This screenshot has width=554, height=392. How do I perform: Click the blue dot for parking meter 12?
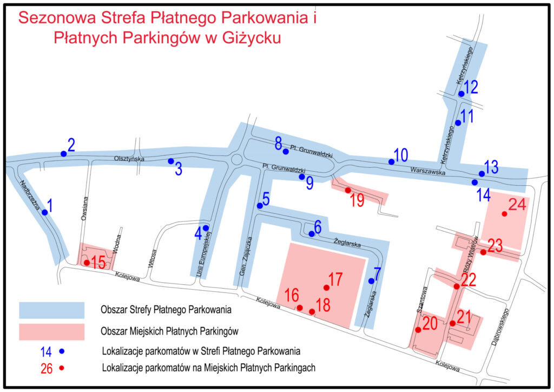pyautogui.click(x=461, y=94)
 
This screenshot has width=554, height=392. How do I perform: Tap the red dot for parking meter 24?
pyautogui.click(x=504, y=214)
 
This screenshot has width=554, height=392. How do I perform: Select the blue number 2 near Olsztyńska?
pyautogui.click(x=71, y=145)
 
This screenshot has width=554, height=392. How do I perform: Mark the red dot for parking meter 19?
pyautogui.click(x=348, y=190)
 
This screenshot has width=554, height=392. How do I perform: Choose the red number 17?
pyautogui.click(x=335, y=279)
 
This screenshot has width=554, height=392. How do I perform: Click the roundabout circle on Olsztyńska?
pyautogui.click(x=236, y=160)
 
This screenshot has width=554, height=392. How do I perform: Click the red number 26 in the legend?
pyautogui.click(x=48, y=369)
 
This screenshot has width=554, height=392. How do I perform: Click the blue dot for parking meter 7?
pyautogui.click(x=371, y=280)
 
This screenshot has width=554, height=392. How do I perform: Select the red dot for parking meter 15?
pyautogui.click(x=87, y=263)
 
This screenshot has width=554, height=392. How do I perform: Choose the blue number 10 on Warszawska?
pyautogui.click(x=401, y=155)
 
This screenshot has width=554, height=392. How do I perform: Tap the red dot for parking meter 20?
pyautogui.click(x=418, y=329)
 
